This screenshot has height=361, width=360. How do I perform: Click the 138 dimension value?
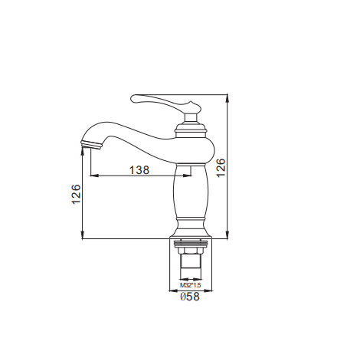click(x=139, y=170)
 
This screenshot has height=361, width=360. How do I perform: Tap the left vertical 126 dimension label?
click(x=76, y=194)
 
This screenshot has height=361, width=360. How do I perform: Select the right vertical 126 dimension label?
click(x=221, y=168)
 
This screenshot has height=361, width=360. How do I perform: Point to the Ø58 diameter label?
click(x=190, y=297)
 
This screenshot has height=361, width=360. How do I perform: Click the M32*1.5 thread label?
click(x=190, y=285)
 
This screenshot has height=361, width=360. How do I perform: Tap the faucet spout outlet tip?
click(x=91, y=145)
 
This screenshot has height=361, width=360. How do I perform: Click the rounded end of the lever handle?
click(x=134, y=98)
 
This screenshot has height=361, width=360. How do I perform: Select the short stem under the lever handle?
click(x=191, y=118)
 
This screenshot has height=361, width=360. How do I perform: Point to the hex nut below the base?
click(x=191, y=251)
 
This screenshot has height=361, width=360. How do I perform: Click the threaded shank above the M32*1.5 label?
click(x=191, y=267)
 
